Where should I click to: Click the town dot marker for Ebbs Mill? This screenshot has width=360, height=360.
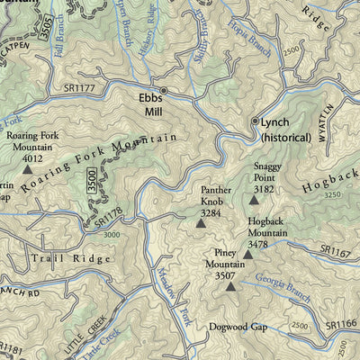(x=163, y=90)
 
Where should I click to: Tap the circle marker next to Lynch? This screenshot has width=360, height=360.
(x=255, y=121)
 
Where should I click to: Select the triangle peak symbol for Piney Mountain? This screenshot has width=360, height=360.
(x=230, y=287)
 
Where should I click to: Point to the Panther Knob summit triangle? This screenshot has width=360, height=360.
(x=201, y=221)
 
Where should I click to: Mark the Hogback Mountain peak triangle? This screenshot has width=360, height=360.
(x=248, y=255)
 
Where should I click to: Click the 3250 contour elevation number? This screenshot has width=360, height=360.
(x=332, y=194)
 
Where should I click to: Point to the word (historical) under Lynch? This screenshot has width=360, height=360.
(x=284, y=138)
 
